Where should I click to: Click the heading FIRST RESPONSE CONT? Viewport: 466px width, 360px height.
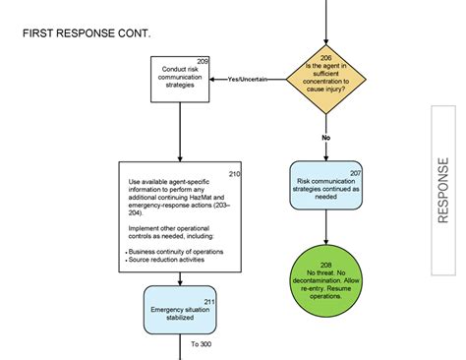(87, 34)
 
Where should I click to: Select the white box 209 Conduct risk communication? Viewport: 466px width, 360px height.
(180, 78)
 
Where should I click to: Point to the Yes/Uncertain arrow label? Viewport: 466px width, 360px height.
(248, 79)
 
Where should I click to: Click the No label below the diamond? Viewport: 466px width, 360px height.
(325, 138)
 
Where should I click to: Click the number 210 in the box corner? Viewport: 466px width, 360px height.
(234, 174)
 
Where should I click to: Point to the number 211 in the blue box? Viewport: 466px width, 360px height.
(209, 300)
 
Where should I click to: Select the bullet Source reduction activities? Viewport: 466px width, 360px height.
(168, 261)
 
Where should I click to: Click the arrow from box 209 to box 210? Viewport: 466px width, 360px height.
(180, 133)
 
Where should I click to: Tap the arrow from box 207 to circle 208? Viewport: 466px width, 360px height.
(326, 229)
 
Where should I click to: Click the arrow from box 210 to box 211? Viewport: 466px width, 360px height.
(180, 278)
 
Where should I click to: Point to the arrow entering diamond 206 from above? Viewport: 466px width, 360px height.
(325, 24)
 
